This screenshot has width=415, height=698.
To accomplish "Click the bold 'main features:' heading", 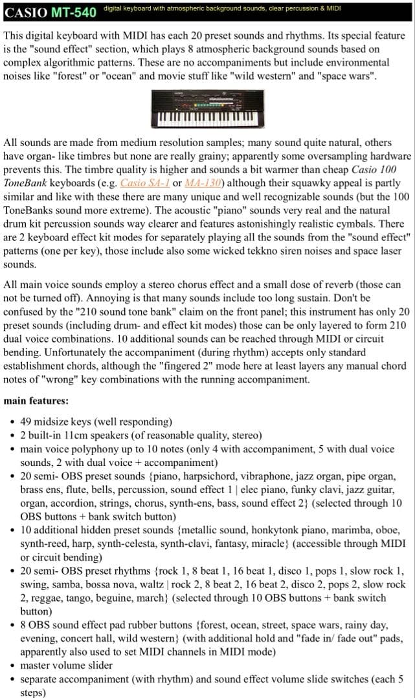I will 36,401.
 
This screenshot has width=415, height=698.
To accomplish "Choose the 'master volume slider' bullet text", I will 66,665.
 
